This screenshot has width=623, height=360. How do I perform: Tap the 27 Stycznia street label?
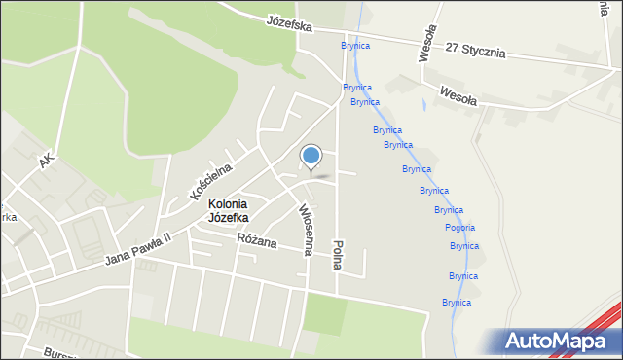click(x=476, y=50)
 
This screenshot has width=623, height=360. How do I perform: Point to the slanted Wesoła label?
click(x=458, y=94)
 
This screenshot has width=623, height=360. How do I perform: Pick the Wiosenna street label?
click(x=305, y=230)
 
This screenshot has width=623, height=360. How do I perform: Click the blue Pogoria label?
click(x=459, y=227)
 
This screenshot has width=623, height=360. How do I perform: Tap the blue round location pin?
click(x=311, y=157)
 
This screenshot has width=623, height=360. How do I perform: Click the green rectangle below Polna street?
click(x=325, y=313)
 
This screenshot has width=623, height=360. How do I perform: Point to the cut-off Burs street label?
click(x=58, y=352)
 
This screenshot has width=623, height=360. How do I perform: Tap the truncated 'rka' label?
click(x=8, y=218)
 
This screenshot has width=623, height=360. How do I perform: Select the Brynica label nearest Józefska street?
click(x=355, y=46)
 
